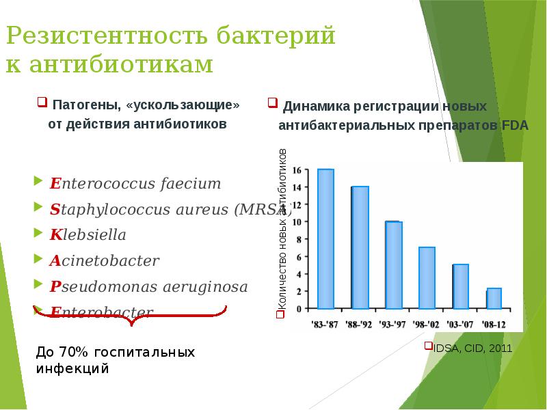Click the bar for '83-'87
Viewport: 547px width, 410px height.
pyautogui.click(x=325, y=238)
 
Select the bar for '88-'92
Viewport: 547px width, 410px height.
pyautogui.click(x=360, y=247)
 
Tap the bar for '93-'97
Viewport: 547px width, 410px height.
pyautogui.click(x=393, y=264)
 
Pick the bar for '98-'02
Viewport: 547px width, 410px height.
pyautogui.click(x=427, y=277)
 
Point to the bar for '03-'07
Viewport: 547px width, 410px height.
pyautogui.click(x=460, y=286)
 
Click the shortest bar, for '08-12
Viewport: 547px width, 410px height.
pyautogui.click(x=494, y=298)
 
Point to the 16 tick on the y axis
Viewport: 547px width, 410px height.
pyautogui.click(x=297, y=169)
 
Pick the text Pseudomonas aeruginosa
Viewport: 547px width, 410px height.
pyautogui.click(x=148, y=286)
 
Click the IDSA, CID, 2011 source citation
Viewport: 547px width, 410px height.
pyautogui.click(x=472, y=348)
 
